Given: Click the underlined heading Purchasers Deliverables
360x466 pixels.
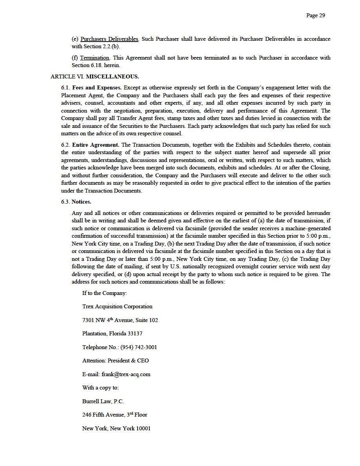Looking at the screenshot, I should click(109, 39).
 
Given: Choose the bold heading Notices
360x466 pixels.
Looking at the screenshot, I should click(81, 202).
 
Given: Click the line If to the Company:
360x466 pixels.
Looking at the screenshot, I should click(104, 293).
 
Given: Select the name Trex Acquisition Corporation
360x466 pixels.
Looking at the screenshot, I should click(117, 307).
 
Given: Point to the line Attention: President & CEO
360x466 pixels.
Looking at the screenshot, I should click(115, 361).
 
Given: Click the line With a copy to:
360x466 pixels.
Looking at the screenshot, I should click(100, 388).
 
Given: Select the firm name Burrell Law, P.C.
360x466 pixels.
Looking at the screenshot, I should click(103, 402).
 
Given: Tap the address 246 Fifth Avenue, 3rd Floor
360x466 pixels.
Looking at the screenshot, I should click(115, 415).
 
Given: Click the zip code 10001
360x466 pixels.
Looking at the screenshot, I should click(143, 429).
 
